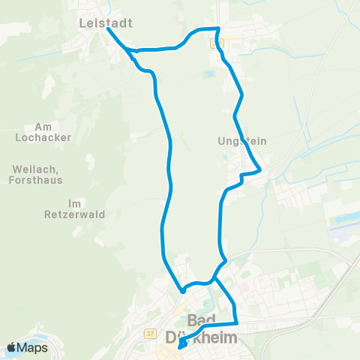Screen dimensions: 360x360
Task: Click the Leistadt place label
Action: pyautogui.click(x=105, y=23)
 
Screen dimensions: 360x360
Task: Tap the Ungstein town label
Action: pyautogui.click(x=241, y=141)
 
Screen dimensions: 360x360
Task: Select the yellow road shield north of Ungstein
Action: pyautogui.click(x=218, y=43)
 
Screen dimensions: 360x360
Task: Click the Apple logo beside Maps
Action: pyautogui.click(x=13, y=347)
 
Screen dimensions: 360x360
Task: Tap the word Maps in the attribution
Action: pyautogui.click(x=34, y=347)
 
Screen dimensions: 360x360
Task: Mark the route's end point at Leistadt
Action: pyautogui.click(x=107, y=29)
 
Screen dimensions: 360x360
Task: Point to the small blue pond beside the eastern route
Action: pyautogui.click(x=206, y=74)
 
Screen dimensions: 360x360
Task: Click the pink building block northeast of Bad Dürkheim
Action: pyautogui.click(x=244, y=289)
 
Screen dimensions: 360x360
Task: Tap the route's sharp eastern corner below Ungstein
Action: pyautogui.click(x=259, y=171)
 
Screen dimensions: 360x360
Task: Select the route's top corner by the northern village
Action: pyautogui.click(x=217, y=28)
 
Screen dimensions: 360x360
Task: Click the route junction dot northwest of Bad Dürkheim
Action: pyautogui.click(x=181, y=289)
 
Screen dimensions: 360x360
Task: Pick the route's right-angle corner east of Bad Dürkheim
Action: pyautogui.click(x=236, y=323)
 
